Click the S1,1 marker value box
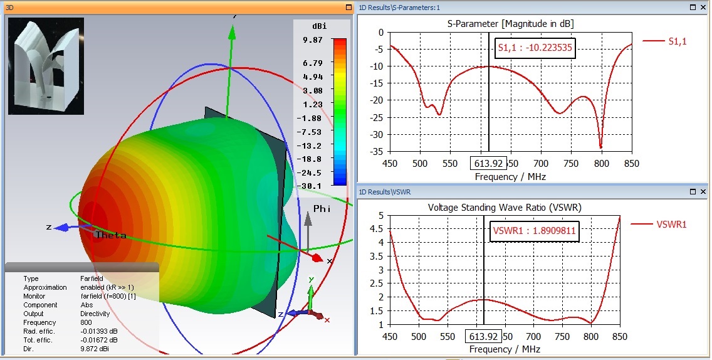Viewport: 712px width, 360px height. (x=534, y=48)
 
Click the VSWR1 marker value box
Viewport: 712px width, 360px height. (x=533, y=231)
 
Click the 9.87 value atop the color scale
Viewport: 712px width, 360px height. (x=312, y=40)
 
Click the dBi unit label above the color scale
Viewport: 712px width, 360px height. (x=319, y=26)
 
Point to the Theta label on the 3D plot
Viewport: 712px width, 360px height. (x=110, y=235)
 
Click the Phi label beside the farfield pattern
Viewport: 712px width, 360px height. (x=322, y=209)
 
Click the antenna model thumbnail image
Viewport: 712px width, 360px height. (x=46, y=66)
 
